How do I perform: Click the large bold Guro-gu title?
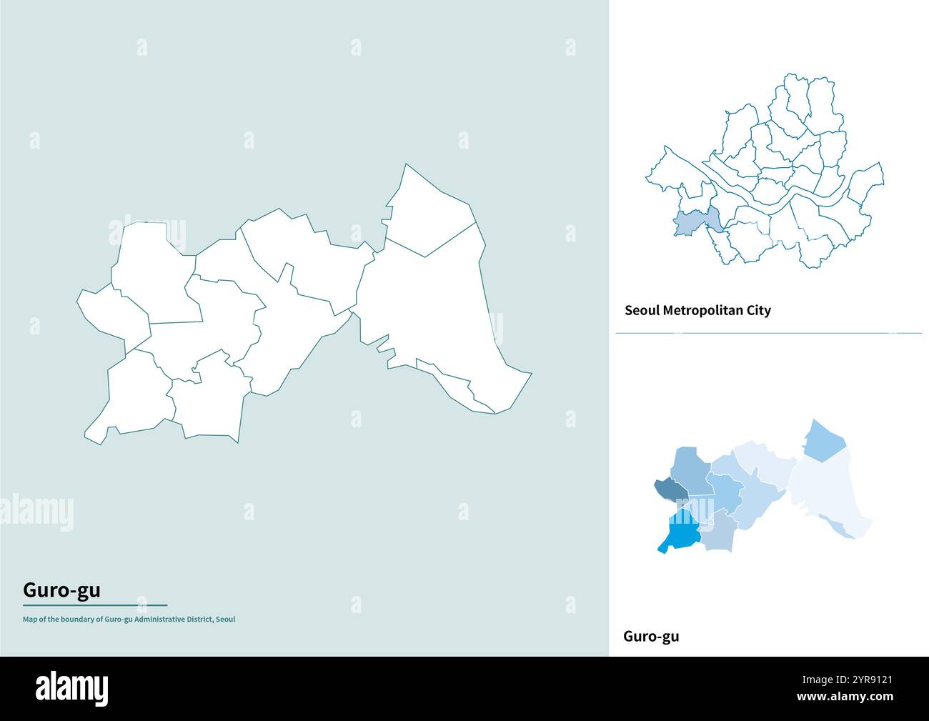61,590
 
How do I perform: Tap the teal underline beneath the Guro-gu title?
95,605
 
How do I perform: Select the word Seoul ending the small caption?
225,620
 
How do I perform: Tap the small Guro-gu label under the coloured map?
651,636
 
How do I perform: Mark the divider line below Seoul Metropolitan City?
768,333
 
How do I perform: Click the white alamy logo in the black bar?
72,688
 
